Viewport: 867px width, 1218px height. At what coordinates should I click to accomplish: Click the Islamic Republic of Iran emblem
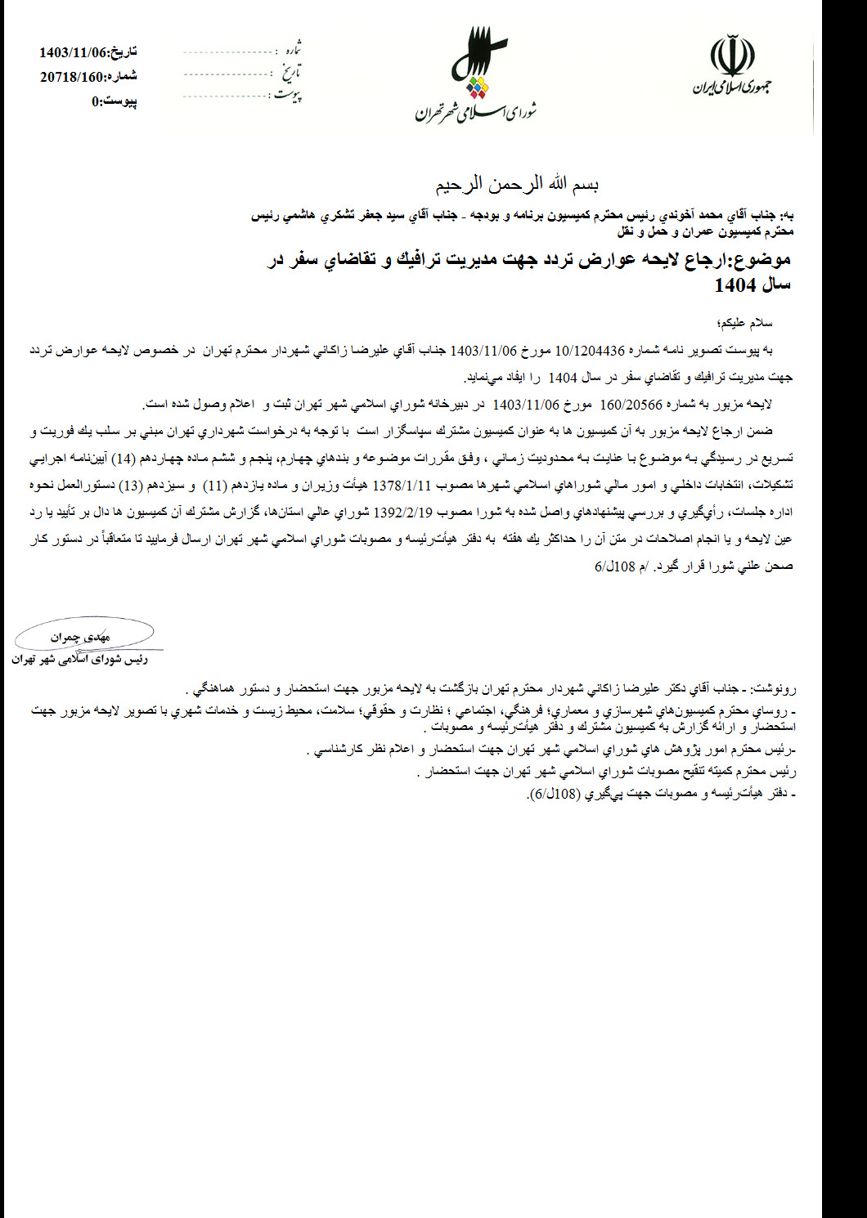point(732,56)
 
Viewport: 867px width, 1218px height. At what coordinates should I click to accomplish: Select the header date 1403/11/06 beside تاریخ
point(73,52)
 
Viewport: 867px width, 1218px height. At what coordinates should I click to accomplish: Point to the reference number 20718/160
point(71,77)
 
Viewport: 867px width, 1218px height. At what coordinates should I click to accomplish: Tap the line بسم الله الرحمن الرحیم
point(516,185)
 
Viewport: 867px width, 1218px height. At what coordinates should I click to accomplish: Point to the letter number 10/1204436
point(590,351)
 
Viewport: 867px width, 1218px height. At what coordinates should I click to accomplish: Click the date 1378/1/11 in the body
point(401,486)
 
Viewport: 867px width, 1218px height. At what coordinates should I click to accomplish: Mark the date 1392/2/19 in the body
point(402,513)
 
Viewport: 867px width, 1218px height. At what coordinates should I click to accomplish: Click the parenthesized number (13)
point(129,486)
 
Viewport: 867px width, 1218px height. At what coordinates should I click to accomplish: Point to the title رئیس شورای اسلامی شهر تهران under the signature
point(79,659)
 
